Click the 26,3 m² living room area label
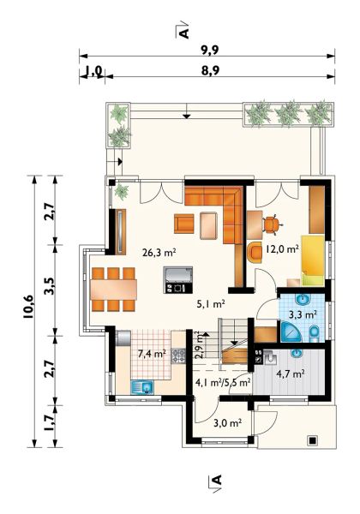click(159, 253)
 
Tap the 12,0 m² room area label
click(282, 249)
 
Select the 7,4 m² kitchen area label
click(152, 354)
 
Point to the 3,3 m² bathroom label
click(303, 315)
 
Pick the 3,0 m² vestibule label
click(227, 423)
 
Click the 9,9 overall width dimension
click(210, 51)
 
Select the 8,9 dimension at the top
click(210, 71)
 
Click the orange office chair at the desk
click(272, 224)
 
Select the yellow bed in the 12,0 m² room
click(313, 260)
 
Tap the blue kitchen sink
click(142, 387)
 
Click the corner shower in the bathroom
click(291, 332)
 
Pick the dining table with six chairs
click(113, 290)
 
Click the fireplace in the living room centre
click(178, 279)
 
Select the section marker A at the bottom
click(215, 481)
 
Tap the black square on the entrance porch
click(312, 440)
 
